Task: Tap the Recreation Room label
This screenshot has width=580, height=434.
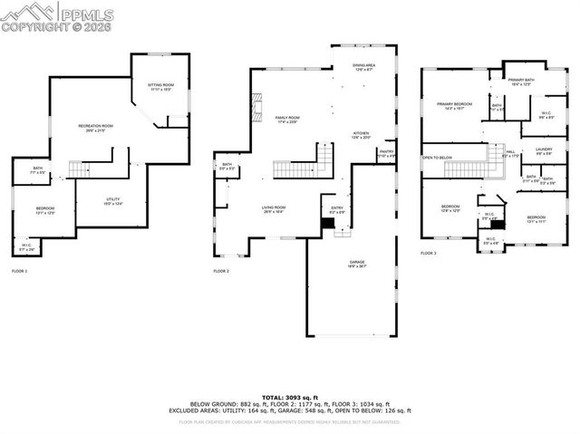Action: [94, 128]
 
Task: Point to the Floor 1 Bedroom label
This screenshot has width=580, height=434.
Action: [45, 211]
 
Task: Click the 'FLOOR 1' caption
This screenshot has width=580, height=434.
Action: [20, 271]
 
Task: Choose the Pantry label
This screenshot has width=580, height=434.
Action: [386, 154]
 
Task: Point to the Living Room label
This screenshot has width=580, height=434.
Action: [274, 209]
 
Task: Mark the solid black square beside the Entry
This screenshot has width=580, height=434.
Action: [328, 223]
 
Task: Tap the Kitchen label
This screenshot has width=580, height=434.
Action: [361, 135]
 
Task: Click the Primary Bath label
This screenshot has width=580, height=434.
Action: [520, 82]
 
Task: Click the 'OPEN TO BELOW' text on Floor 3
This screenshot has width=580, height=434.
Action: [437, 158]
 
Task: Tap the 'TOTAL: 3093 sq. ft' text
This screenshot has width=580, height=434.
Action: [290, 398]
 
